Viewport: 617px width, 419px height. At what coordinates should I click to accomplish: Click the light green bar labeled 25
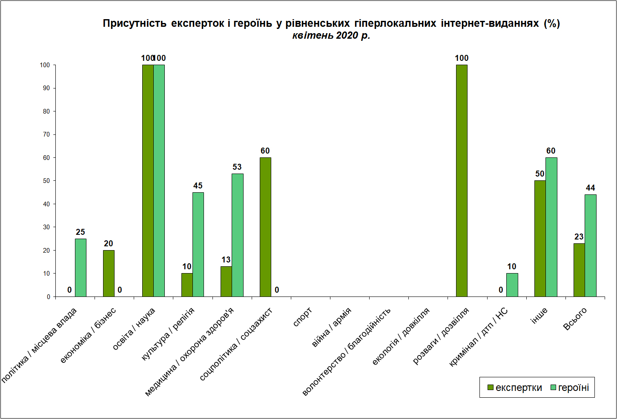coord(81,268)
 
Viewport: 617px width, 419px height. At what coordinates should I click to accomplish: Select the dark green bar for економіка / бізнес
coord(109,274)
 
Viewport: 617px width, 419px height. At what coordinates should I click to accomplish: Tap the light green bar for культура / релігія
coord(198,245)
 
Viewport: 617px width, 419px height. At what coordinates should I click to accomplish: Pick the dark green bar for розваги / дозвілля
coord(462,181)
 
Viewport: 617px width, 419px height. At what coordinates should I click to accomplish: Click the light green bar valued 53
coord(238,235)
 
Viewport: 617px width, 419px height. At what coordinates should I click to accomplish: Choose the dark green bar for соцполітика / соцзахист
coord(265,227)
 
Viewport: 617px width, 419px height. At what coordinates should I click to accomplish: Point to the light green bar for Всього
coord(591,246)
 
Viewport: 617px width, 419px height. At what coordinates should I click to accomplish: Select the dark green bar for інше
coord(540,239)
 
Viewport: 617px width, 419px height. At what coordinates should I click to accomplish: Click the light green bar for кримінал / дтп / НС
coord(512,285)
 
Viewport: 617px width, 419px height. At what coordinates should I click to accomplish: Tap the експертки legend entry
coord(514,388)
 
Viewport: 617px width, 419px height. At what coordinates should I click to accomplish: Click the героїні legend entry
coord(570,388)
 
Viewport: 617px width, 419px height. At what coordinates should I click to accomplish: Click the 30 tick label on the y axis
coord(46,227)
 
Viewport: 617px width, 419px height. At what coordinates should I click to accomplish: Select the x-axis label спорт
coord(302,317)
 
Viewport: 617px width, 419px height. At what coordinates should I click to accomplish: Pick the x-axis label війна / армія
coord(332,327)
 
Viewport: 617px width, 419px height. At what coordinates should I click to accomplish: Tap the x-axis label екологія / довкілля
coord(401,336)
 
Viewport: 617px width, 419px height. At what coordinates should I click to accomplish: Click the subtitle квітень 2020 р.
coord(331,35)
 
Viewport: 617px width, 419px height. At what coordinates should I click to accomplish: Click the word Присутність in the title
coord(135,23)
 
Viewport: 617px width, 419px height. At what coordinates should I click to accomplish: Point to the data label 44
coord(591,188)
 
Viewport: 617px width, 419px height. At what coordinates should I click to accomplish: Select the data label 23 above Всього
coord(579,237)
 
